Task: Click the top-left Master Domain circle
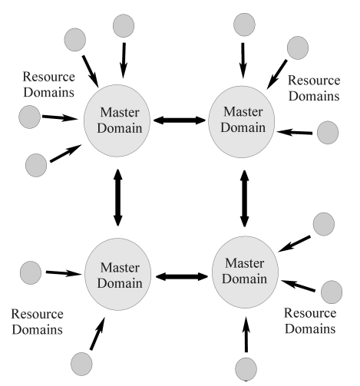click(x=117, y=120)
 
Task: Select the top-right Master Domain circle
click(x=242, y=122)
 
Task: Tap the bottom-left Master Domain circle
click(x=117, y=274)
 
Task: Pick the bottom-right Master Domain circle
click(x=245, y=272)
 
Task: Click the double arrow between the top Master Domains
click(x=180, y=120)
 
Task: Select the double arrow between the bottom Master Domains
click(x=182, y=276)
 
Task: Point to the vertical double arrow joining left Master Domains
click(x=117, y=197)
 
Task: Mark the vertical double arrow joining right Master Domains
click(x=244, y=199)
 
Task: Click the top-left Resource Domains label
click(x=48, y=84)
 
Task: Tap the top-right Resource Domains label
click(x=314, y=88)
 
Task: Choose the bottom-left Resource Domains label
click(x=37, y=322)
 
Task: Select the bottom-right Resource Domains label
click(x=310, y=321)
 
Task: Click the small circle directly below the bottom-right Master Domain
click(x=246, y=369)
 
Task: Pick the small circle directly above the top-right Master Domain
click(x=244, y=25)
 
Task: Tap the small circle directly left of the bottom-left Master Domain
click(x=31, y=272)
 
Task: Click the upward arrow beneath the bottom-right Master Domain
click(x=246, y=335)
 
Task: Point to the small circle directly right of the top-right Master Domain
click(x=328, y=133)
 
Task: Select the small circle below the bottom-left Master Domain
click(x=81, y=364)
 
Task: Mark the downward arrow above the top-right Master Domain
click(x=243, y=61)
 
